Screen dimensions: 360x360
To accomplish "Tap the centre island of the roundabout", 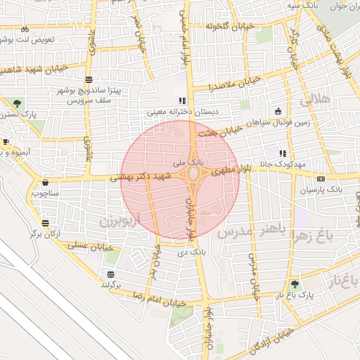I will [x=193, y=173].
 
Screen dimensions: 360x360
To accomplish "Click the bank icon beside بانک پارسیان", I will [x=321, y=179].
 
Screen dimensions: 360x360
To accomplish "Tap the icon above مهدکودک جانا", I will [x=283, y=153].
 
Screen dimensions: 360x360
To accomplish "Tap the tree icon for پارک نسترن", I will [x=17, y=103].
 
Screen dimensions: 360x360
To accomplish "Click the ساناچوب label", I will [x=46, y=192].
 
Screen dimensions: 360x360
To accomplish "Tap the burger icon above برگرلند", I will [x=111, y=274].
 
